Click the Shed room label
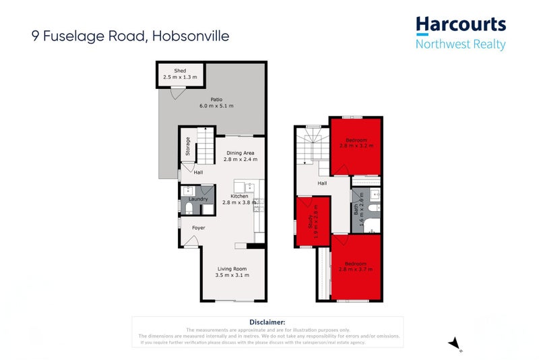(180, 70)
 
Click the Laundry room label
(197, 199)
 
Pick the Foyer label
(198, 228)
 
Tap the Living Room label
(233, 271)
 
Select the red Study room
(313, 221)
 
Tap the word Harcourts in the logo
(460, 26)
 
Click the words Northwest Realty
(461, 45)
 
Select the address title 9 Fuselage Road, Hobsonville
(130, 36)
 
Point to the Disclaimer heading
(267, 323)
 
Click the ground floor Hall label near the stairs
(198, 172)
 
